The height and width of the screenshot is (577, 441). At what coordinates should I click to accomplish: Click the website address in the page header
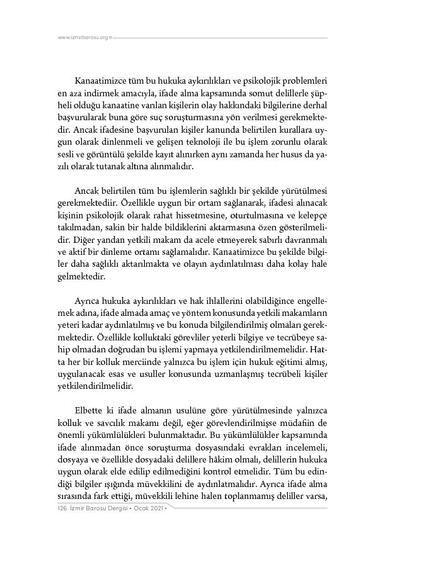pyautogui.click(x=84, y=37)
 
